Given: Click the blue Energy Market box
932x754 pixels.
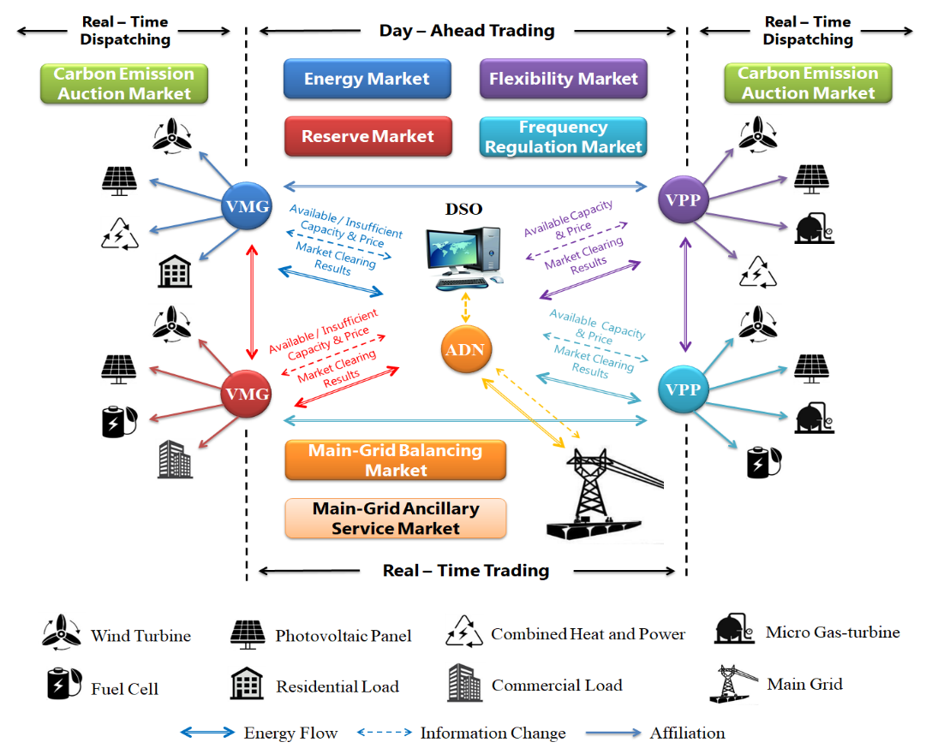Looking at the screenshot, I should pos(367,79).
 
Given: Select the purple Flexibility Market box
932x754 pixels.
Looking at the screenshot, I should pos(563,79).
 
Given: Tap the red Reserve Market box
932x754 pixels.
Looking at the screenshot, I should pos(367,136).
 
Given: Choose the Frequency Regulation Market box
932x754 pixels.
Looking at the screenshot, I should pos(563,137).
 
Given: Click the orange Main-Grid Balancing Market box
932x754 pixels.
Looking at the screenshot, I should pos(395,460).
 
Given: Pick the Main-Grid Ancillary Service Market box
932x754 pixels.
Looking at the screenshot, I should pos(395,519).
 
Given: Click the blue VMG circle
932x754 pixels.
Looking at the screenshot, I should pos(246,205).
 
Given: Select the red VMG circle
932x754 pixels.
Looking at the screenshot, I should pos(246,394).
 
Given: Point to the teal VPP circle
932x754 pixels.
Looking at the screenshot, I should pos(684,389).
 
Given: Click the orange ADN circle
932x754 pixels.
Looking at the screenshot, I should pos(465,349).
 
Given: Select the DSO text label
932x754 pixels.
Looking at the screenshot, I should pos(463,209).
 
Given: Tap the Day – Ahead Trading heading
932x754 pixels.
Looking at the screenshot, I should pos(467,31).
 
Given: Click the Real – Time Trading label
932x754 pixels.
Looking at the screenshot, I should pos(466,570).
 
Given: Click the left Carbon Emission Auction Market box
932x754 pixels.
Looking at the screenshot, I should pos(124,84).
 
